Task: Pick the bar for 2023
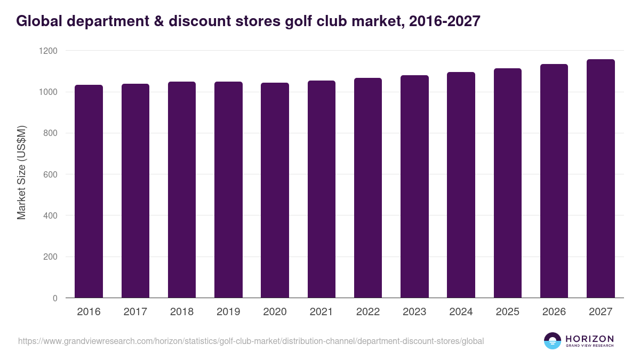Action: click(414, 186)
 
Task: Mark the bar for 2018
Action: click(182, 189)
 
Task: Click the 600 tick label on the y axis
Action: click(51, 174)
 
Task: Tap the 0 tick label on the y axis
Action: click(55, 298)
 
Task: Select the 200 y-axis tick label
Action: click(51, 257)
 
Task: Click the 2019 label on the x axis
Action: click(228, 312)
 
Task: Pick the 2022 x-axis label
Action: click(368, 312)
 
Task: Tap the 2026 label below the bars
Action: click(554, 312)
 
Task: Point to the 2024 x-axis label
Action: click(461, 312)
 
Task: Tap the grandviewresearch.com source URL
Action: click(251, 341)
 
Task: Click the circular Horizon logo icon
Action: click(552, 341)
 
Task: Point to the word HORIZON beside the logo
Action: click(589, 338)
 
